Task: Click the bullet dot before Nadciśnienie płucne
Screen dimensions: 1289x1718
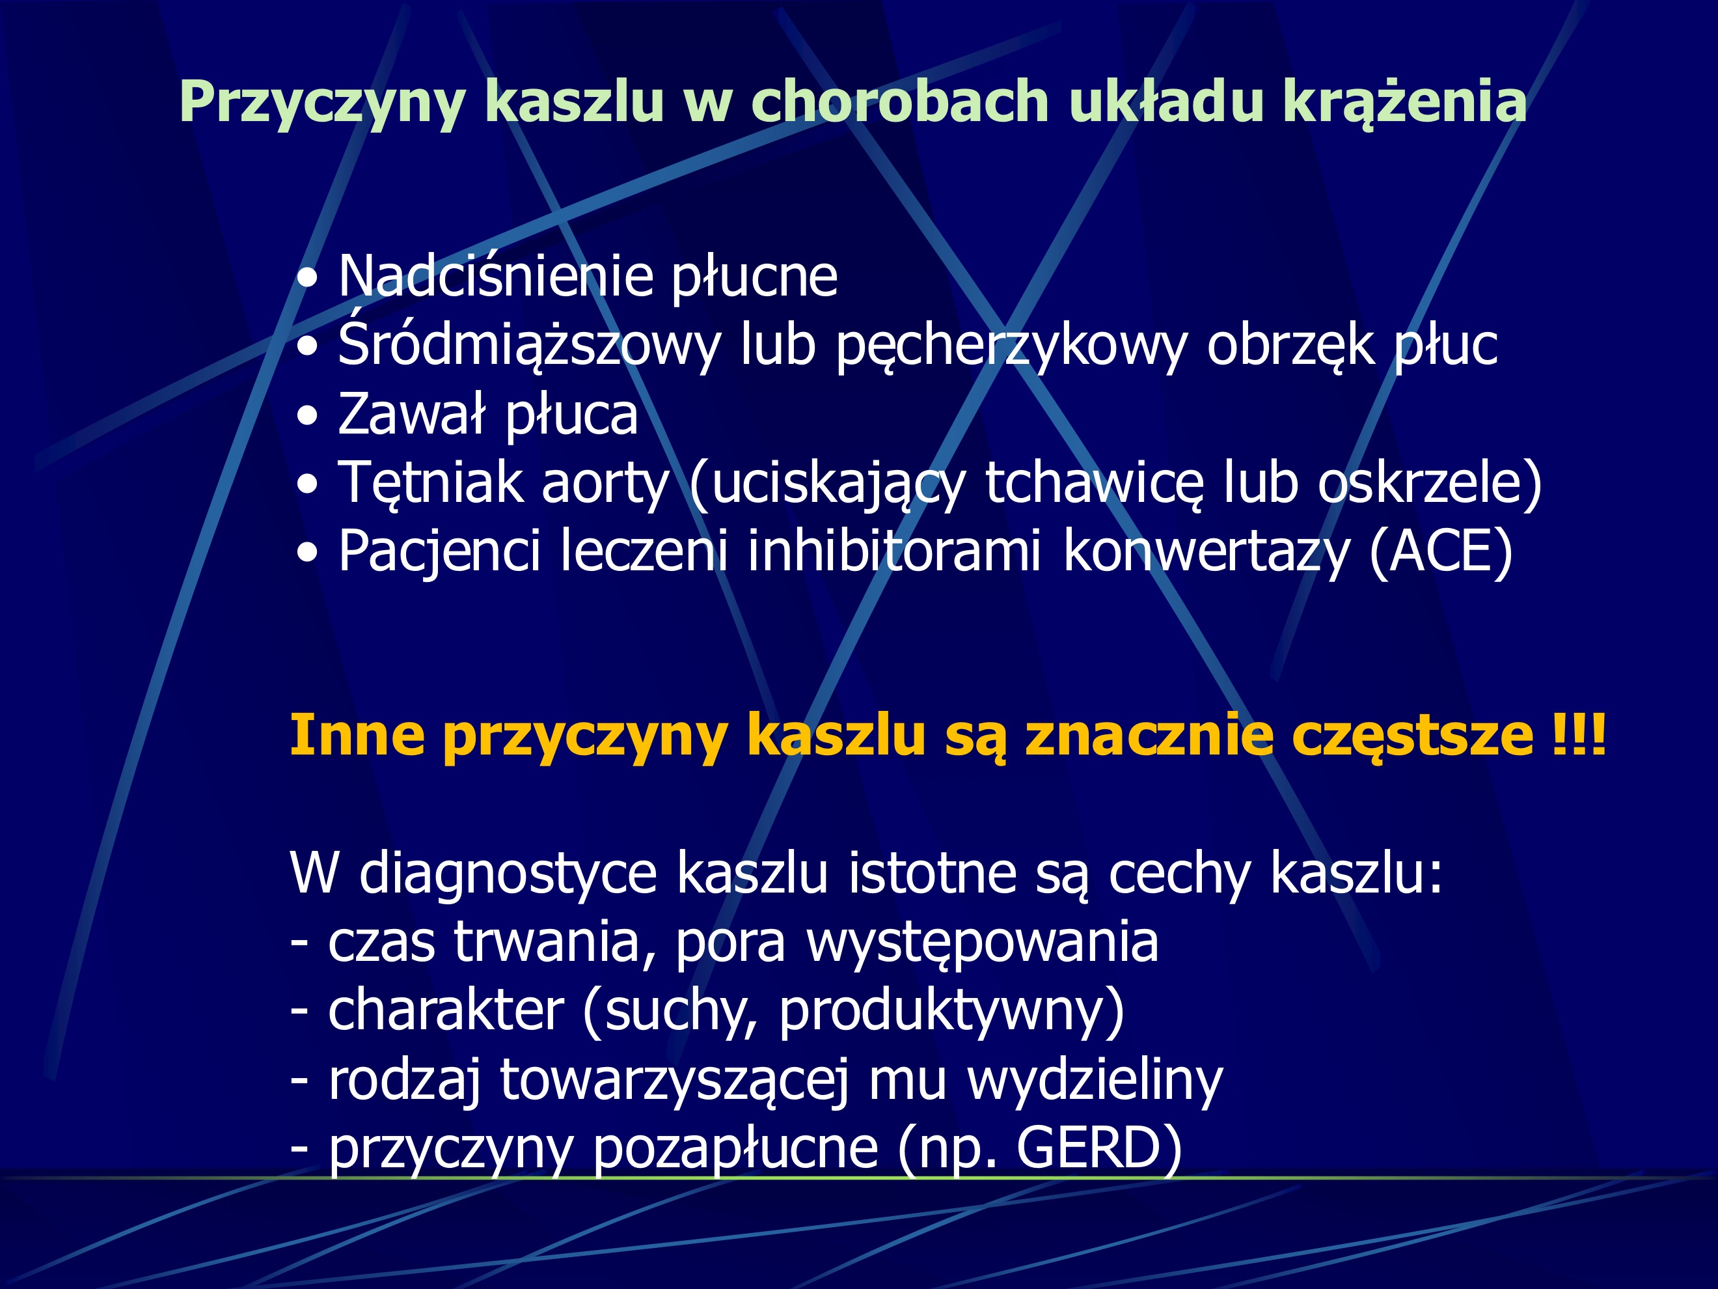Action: point(308,279)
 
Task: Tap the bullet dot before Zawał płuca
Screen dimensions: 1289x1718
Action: point(308,417)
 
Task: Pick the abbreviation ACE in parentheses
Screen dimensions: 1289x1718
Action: point(1441,551)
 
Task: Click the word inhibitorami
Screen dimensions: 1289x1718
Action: point(893,551)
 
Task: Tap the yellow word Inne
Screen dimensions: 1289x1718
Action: point(357,734)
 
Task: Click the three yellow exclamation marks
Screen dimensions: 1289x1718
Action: point(1578,734)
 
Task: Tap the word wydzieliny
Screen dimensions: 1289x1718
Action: point(1095,1081)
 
